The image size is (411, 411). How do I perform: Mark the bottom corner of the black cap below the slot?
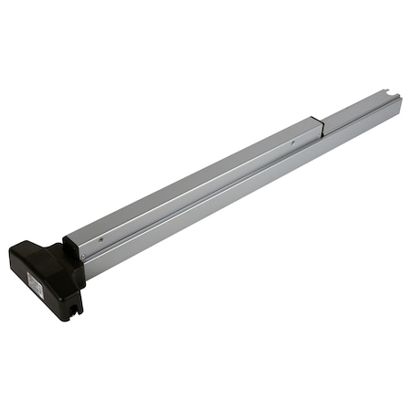tap(75, 318)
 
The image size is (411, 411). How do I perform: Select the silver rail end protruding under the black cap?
tap(84, 274)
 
